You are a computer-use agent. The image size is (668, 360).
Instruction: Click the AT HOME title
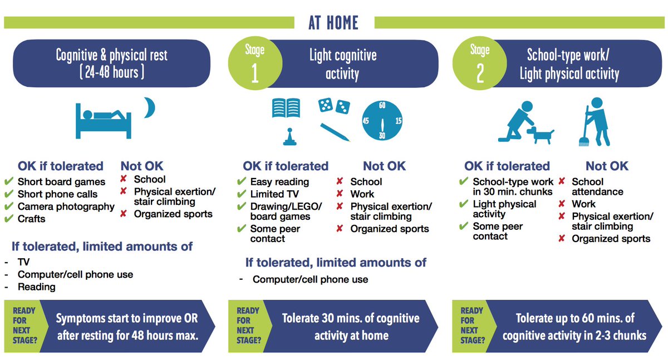coord(333,22)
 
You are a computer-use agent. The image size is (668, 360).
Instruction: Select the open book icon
coord(286,108)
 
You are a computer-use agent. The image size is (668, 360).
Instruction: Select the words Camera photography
coord(66,206)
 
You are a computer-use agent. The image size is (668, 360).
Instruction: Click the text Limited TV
coord(274,194)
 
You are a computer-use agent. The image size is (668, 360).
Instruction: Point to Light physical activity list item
coord(504,209)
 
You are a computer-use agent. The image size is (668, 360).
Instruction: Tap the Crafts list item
coord(31,219)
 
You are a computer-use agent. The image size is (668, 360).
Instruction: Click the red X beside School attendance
coord(562,181)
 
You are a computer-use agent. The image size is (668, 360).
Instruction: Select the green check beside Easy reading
coord(241,182)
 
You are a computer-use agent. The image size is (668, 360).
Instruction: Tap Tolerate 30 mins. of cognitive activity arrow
coord(351,326)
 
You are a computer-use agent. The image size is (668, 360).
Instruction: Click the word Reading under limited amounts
coord(37,287)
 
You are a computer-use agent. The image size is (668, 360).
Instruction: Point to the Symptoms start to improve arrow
coord(127,326)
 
